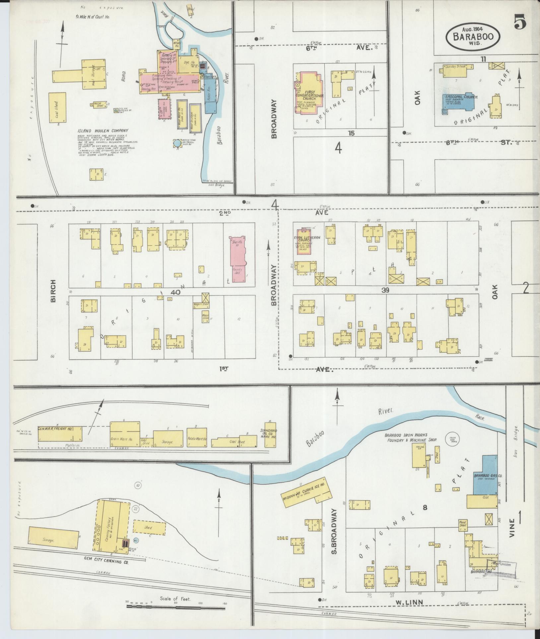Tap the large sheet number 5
[x=520, y=23]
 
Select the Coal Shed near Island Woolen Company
[x=57, y=108]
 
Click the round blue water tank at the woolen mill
[x=177, y=143]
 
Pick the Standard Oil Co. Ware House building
[x=271, y=434]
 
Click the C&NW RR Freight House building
[x=60, y=432]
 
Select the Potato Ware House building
[x=197, y=438]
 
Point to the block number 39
[x=385, y=290]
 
